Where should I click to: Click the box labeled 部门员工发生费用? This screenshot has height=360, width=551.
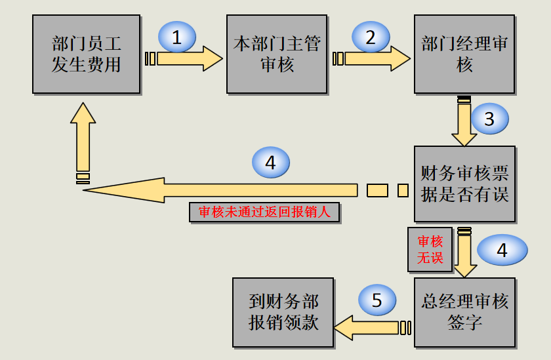86,54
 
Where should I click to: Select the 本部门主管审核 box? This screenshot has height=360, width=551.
277,54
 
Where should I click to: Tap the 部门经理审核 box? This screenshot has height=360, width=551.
464,54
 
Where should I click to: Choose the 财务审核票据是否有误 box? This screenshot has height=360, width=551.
464,184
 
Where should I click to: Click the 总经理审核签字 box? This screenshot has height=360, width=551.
464,312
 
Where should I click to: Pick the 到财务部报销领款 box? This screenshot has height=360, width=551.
283,312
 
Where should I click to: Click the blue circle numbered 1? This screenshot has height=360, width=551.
176,37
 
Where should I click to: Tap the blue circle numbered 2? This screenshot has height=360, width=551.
370,37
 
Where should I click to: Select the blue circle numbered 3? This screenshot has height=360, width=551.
489,119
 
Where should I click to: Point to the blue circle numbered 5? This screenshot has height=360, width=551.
377,300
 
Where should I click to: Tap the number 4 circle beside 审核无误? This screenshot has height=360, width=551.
502,250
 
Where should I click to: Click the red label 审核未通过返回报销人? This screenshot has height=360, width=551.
264,212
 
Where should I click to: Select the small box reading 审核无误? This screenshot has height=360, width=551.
430,250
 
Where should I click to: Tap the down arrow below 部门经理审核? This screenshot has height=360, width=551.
464,125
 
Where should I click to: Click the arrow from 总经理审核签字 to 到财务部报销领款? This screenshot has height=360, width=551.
367,327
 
